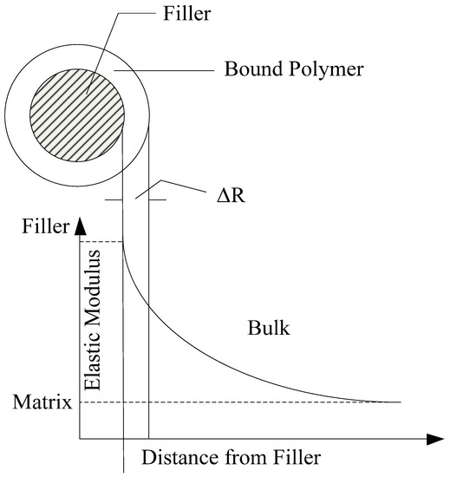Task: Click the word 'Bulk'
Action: click(x=267, y=330)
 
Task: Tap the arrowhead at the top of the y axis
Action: click(x=80, y=227)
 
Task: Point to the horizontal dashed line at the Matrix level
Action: click(x=260, y=402)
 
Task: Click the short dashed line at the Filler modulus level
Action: click(x=101, y=241)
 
